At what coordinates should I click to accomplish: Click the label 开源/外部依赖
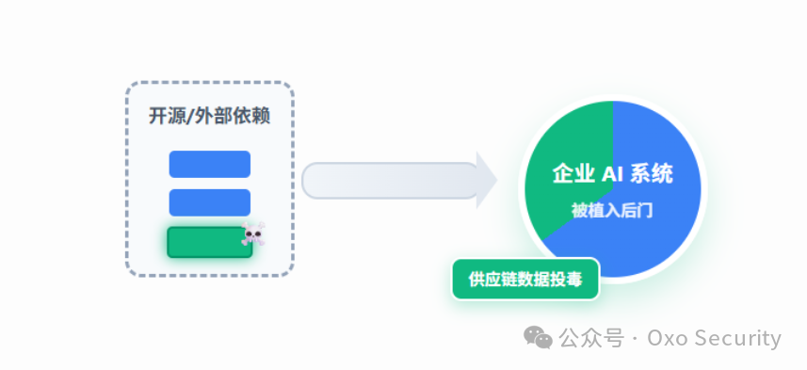[x=209, y=117]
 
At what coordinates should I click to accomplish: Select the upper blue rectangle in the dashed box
[x=209, y=164]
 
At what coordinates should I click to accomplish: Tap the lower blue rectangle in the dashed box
[x=209, y=202]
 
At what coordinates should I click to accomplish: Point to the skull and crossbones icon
[x=252, y=233]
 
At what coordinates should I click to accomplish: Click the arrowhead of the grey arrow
[x=486, y=180]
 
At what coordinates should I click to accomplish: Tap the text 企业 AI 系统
[x=612, y=174]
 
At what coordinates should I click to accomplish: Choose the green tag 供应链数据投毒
[x=525, y=279]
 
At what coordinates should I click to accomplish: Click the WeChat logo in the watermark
[x=539, y=337]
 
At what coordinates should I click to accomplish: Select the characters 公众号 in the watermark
[x=591, y=338]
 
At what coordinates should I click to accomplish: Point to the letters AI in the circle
[x=614, y=174]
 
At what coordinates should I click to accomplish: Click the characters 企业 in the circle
[x=573, y=174]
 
